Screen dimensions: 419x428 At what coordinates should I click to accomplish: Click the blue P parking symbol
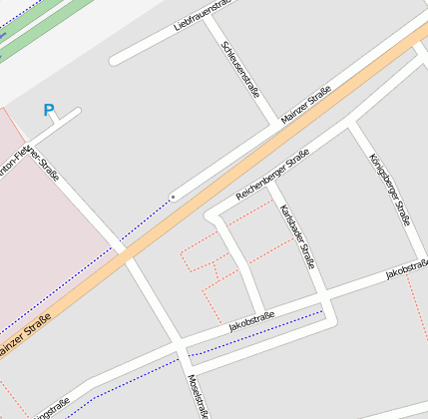[49, 111]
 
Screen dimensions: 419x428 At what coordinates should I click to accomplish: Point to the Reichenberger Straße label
[272, 176]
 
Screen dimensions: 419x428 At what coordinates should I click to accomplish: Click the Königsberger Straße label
[390, 189]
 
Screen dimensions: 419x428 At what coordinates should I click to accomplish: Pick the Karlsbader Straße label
[297, 235]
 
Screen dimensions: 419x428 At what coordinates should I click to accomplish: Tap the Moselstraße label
[198, 396]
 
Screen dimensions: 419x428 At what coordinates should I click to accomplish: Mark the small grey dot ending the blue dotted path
[173, 198]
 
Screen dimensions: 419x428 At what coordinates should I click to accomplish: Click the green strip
[40, 28]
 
